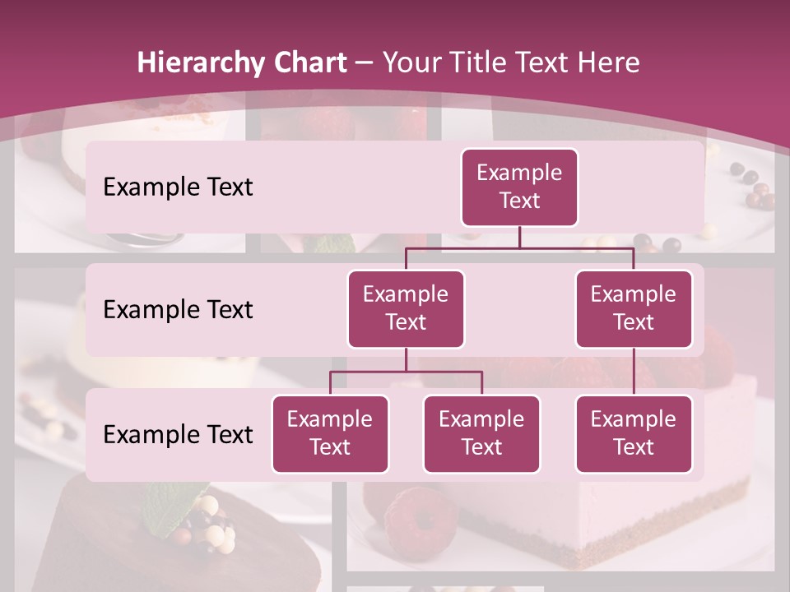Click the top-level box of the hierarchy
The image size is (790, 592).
pos(519,187)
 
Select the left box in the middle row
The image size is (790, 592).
pos(406,308)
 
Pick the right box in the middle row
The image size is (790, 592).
pos(634,308)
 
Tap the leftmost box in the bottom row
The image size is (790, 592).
pos(330,433)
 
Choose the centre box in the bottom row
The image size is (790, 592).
pos(481,433)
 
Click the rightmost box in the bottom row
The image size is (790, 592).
pos(634,433)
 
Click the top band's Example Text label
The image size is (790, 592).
pos(178,187)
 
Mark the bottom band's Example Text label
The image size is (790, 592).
pos(178,434)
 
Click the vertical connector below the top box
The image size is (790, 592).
pos(519,237)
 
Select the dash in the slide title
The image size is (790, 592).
pos(364,63)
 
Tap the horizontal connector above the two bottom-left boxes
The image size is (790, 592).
pos(406,372)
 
